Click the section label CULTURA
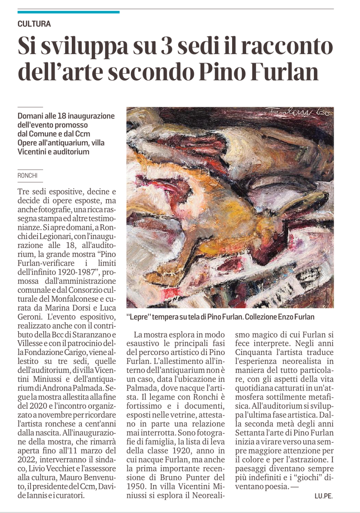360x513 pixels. (34, 24)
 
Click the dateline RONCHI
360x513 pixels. (28, 175)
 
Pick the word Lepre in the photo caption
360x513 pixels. (138, 317)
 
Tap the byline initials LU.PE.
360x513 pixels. (323, 496)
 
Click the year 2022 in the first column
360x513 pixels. (28, 460)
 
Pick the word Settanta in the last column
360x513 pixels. (251, 433)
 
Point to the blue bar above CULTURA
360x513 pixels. (68, 12)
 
